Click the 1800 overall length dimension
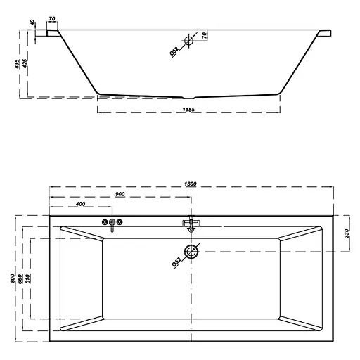click(191, 184)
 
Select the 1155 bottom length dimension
click(188, 109)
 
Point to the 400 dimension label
click(79, 205)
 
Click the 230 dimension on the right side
click(347, 233)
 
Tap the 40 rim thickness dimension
click(33, 22)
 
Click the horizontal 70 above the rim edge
click(53, 19)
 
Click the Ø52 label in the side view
click(174, 50)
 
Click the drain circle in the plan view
click(191, 250)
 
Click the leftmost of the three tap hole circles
click(105, 222)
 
